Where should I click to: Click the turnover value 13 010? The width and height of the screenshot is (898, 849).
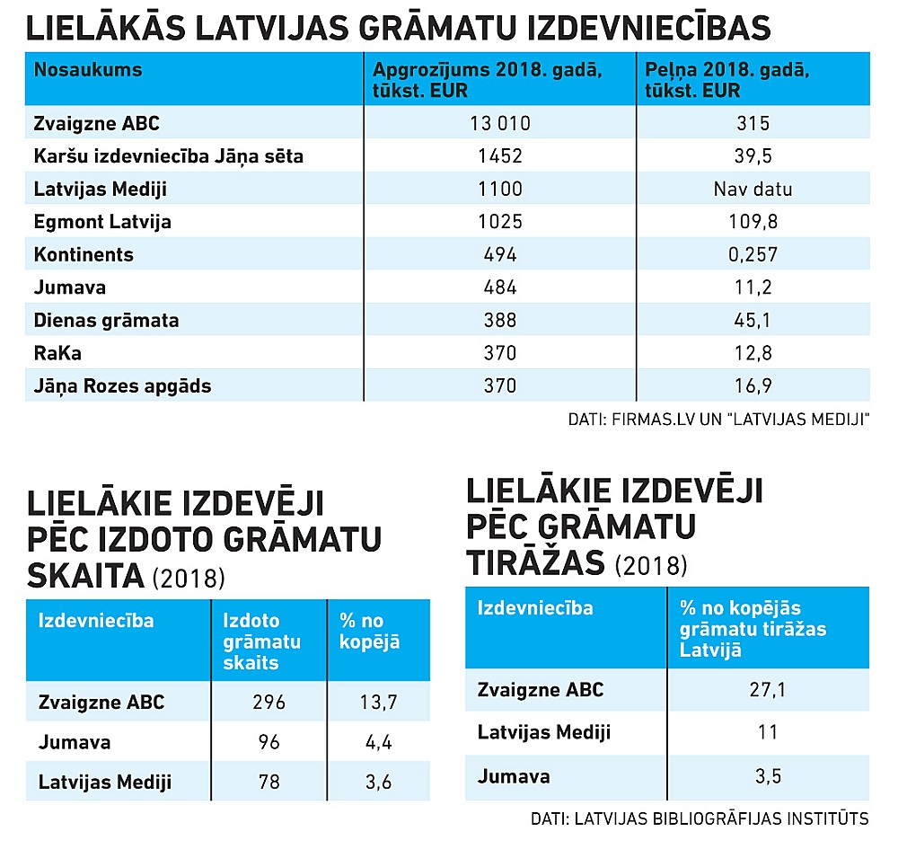[499, 123]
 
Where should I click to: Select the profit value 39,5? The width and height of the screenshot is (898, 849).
[753, 156]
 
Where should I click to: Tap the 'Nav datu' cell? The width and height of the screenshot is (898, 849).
[753, 189]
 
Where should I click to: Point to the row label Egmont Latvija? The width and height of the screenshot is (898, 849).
[102, 222]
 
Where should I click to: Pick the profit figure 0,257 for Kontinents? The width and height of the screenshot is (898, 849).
[753, 254]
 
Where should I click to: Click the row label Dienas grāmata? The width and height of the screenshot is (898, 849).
[106, 320]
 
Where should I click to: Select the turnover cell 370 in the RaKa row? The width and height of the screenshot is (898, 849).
[499, 353]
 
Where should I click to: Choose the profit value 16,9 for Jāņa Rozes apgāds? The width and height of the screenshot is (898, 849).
[753, 386]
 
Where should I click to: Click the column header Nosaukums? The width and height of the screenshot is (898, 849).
[88, 69]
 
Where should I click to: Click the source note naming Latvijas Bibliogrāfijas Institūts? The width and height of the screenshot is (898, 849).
[700, 818]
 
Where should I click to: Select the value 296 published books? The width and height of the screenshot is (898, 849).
[269, 703]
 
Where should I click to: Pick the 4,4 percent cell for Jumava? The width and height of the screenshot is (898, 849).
[377, 742]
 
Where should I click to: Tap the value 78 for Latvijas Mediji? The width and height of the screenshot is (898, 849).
[269, 782]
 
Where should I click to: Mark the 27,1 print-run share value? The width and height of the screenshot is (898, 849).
[767, 689]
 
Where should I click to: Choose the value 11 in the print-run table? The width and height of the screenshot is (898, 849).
[767, 731]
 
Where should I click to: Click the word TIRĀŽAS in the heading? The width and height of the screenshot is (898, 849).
[535, 562]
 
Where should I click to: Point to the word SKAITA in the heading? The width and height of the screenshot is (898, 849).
[85, 576]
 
